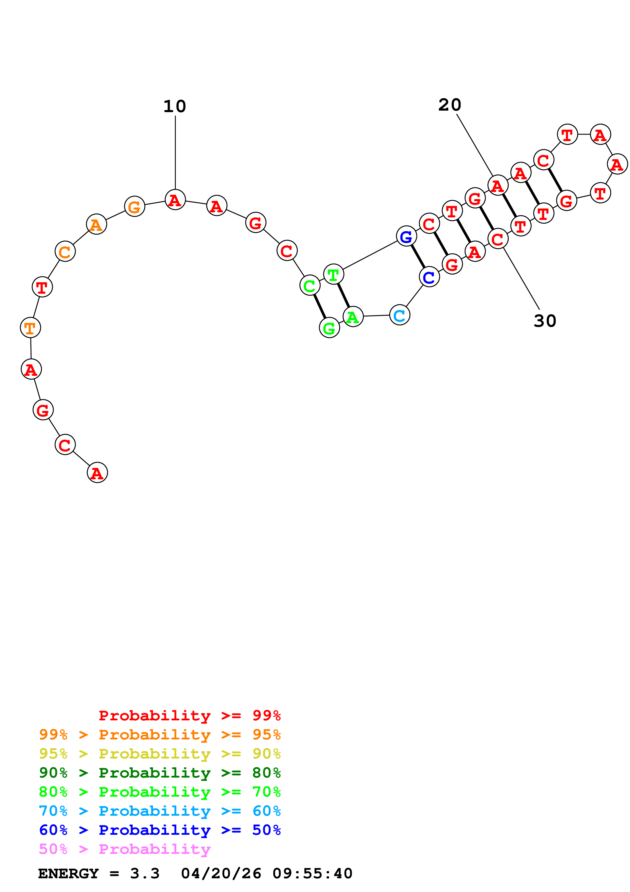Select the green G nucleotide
click(329, 328)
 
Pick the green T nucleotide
click(333, 274)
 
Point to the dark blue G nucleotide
click(406, 236)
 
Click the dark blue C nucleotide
click(429, 277)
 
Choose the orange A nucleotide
click(96, 224)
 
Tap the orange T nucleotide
click(30, 328)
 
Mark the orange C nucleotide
click(65, 252)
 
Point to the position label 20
click(450, 105)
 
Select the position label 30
click(545, 321)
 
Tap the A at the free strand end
click(97, 473)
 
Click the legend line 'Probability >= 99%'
click(189, 715)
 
